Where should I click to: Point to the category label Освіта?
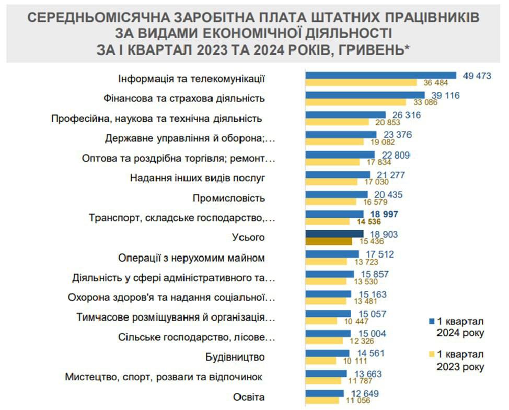click(249, 397)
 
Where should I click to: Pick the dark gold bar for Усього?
click(329, 241)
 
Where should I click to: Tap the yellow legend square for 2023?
click(432, 354)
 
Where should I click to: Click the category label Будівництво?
click(235, 357)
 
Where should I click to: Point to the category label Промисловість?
click(229, 198)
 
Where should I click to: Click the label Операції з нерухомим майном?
click(192, 258)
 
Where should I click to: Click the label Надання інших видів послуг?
click(198, 178)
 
